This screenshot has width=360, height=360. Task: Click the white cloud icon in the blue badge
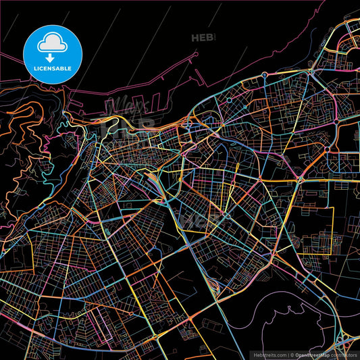(52, 43)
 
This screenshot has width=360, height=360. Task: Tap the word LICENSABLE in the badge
(52, 68)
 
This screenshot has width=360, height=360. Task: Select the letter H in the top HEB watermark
(196, 38)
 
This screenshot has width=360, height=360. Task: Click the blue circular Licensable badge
(52, 52)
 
